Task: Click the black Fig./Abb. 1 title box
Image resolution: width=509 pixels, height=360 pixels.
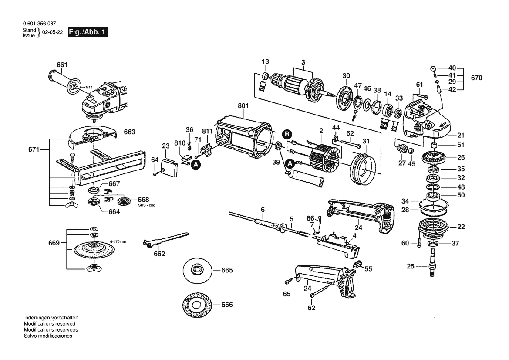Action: pos(88,32)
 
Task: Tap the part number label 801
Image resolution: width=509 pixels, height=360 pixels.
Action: pos(243,105)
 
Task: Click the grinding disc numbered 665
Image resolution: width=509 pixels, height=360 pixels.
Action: pos(197,270)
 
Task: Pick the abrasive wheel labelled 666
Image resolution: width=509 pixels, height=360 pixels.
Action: pos(197,305)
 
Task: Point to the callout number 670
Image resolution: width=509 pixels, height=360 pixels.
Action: pos(476,78)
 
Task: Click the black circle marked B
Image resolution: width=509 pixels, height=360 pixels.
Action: pos(287,135)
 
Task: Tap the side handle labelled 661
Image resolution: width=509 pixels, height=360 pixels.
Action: pos(65,82)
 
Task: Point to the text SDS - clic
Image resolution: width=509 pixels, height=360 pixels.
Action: pos(147,205)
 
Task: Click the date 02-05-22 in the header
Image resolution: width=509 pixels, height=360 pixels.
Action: pos(53,33)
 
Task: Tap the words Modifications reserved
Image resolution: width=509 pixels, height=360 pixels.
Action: pos(50,324)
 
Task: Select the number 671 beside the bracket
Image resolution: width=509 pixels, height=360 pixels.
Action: pos(34,149)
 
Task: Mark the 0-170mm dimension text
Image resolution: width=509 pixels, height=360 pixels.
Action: pos(118,241)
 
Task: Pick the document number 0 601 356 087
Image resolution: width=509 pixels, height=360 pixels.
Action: pos(39,24)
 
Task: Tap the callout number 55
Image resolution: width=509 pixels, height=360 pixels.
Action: pos(368,269)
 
